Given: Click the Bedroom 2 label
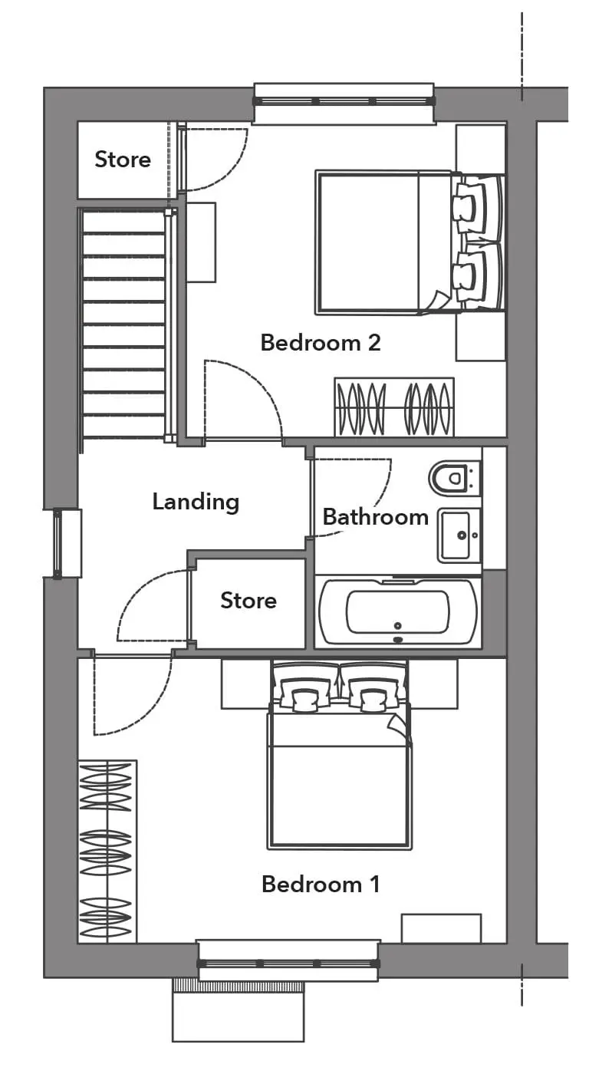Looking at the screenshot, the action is [x=320, y=343].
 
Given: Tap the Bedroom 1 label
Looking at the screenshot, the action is [x=321, y=884].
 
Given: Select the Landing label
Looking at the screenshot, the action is [x=196, y=502].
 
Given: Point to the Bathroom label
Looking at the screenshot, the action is [x=375, y=517].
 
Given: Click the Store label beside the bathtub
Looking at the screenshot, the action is [x=248, y=600].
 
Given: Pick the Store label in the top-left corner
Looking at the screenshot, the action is [x=123, y=160].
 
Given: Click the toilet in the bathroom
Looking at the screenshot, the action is [x=454, y=477].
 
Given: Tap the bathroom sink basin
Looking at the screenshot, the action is [x=458, y=535].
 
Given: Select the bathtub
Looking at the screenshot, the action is [x=398, y=612].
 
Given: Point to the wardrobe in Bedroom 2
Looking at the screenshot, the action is [x=394, y=407].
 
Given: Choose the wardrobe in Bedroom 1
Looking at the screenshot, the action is [x=107, y=851].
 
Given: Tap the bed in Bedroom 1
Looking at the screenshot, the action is [x=339, y=755].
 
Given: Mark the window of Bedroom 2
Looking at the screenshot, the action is [x=344, y=101].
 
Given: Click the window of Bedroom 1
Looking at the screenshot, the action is [x=289, y=960].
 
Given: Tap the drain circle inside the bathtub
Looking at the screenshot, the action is [x=398, y=626].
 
